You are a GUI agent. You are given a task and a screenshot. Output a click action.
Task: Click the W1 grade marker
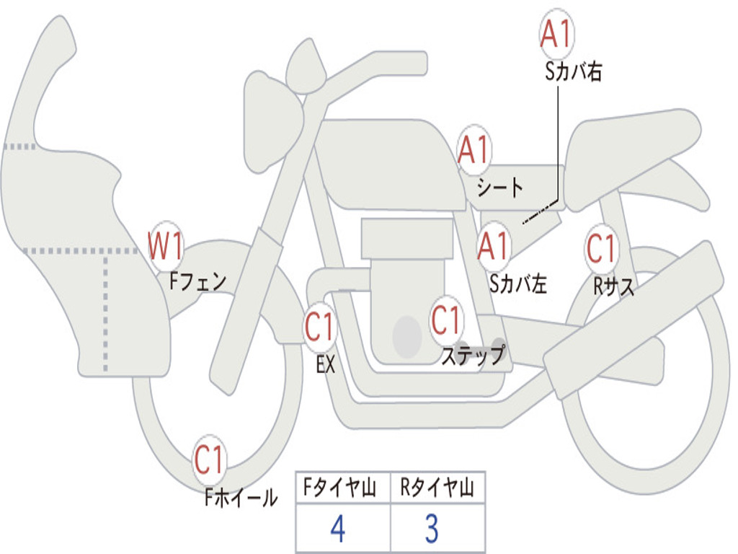tap(165, 245)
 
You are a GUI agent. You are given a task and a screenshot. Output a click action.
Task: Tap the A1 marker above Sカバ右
tap(557, 33)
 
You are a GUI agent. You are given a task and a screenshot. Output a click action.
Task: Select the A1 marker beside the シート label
tap(474, 150)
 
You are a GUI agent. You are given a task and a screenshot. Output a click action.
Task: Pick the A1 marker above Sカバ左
tap(493, 246)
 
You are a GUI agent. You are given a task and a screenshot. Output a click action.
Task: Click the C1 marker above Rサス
tap(602, 248)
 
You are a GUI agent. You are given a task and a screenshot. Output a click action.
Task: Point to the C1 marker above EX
tap(320, 327)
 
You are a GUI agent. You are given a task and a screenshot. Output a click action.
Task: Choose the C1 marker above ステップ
tap(446, 320)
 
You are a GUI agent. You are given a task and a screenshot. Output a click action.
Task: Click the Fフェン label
tap(198, 282)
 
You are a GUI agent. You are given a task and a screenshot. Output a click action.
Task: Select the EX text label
tap(326, 364)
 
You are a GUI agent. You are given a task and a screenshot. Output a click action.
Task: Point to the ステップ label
tap(474, 354)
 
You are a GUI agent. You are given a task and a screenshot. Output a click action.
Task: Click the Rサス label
tap(614, 286)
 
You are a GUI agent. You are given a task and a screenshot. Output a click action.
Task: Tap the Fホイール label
tap(241, 498)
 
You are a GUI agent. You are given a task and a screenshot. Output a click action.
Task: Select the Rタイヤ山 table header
tap(437, 487)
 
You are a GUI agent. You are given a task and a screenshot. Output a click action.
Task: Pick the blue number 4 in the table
tap(338, 529)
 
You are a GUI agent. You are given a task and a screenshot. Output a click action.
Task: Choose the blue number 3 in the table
tap(432, 529)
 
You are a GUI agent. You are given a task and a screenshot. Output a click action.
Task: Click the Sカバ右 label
tap(573, 71)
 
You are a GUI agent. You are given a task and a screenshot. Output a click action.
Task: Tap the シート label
tap(500, 187)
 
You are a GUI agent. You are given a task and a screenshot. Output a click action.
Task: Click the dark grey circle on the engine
tap(406, 336)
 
